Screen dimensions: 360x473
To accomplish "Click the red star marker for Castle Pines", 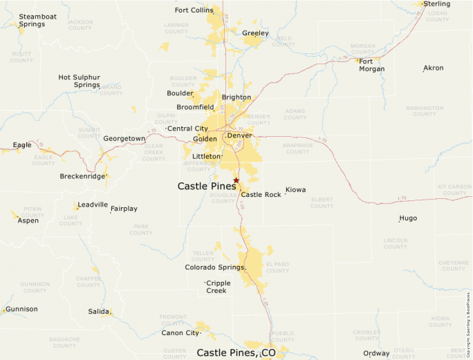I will [x=236, y=180].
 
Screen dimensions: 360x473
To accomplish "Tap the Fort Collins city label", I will [x=193, y=10].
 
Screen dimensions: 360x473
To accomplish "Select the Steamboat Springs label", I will [x=32, y=20].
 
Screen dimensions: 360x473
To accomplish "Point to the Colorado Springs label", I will [x=214, y=267].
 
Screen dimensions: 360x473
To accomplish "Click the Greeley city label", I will [x=255, y=33].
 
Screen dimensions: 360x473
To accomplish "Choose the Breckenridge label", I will [x=82, y=176].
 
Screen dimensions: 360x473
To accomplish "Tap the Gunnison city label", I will [x=21, y=309].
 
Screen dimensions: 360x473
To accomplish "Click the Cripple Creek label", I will [x=219, y=287].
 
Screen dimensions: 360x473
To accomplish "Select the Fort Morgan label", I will [x=371, y=65].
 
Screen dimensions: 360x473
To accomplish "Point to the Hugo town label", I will [x=408, y=218].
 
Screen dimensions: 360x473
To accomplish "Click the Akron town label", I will [x=434, y=68].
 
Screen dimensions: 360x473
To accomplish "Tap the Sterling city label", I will [x=436, y=4].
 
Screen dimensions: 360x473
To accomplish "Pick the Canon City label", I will [x=180, y=333].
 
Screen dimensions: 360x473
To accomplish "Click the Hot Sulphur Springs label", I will [x=79, y=81].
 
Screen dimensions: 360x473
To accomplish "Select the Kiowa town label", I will [x=295, y=189].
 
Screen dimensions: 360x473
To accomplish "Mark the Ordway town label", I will [x=376, y=354].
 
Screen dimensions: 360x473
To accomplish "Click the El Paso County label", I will [x=277, y=267].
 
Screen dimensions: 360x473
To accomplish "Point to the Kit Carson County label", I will [x=453, y=190].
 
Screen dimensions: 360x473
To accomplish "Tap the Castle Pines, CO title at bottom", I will [x=236, y=352].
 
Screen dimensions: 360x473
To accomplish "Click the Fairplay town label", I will [x=124, y=209].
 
